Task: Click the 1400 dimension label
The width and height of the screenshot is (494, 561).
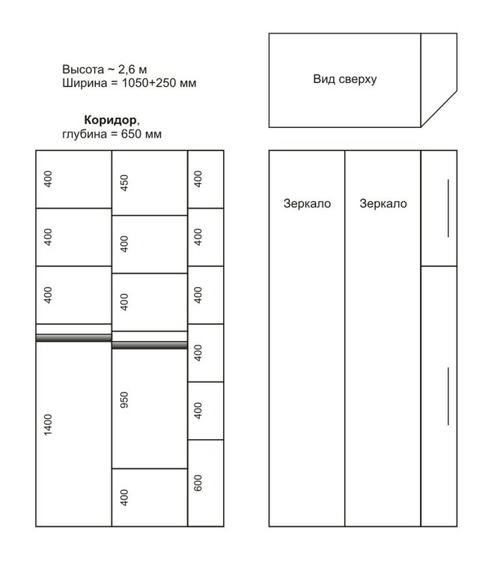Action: point(48,425)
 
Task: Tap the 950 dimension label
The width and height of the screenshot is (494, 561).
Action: point(124,400)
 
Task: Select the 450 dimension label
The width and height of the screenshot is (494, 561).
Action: point(124,183)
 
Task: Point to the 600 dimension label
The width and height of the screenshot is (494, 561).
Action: point(198,483)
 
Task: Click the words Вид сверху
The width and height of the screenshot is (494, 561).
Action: point(345,79)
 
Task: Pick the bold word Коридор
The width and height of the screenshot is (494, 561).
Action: point(110,120)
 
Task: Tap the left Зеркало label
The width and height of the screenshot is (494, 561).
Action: point(307,203)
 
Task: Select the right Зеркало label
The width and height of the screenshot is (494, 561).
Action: point(383,203)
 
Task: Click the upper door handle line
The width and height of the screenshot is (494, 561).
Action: point(448,208)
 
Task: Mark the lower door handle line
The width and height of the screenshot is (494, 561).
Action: point(448,396)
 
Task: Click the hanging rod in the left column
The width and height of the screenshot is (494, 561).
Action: point(74,338)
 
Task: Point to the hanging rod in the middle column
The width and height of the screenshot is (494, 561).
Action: point(150,345)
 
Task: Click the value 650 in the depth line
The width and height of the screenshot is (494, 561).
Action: point(132,134)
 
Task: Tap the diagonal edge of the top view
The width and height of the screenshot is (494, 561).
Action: point(439,108)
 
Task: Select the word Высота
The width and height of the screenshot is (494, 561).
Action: point(83,69)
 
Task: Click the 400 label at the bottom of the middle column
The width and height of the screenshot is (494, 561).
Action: point(124,497)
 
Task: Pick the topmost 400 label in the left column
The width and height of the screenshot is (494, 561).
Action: point(48,179)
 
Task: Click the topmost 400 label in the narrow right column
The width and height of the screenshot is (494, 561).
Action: point(198,179)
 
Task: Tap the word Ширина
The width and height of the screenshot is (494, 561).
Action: point(85,83)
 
